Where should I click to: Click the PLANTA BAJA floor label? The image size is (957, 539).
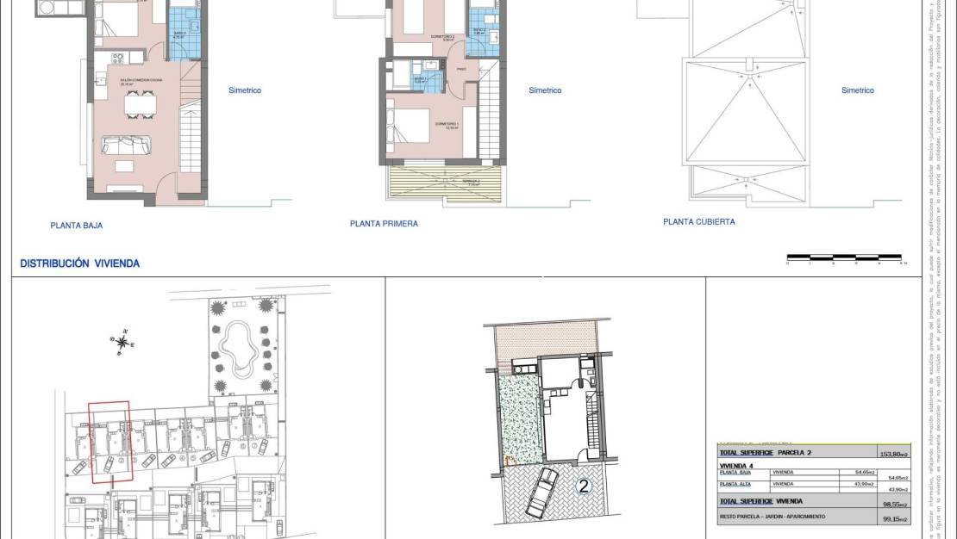pyautogui.click(x=77, y=226)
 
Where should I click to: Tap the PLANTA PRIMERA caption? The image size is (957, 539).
pyautogui.click(x=384, y=224)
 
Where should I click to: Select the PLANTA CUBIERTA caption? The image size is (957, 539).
pyautogui.click(x=698, y=221)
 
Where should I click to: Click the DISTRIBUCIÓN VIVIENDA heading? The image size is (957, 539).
pyautogui.click(x=79, y=263)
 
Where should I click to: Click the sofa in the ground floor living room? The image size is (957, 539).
pyautogui.click(x=126, y=143)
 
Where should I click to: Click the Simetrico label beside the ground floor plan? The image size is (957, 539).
pyautogui.click(x=244, y=90)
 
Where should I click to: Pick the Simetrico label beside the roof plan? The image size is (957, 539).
pyautogui.click(x=857, y=90)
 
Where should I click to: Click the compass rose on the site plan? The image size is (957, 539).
pyautogui.click(x=123, y=343)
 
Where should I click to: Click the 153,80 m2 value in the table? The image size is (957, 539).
pyautogui.click(x=886, y=453)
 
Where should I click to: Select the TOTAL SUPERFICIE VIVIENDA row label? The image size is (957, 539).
pyautogui.click(x=761, y=501)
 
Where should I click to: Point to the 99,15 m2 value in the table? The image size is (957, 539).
pyautogui.click(x=886, y=519)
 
